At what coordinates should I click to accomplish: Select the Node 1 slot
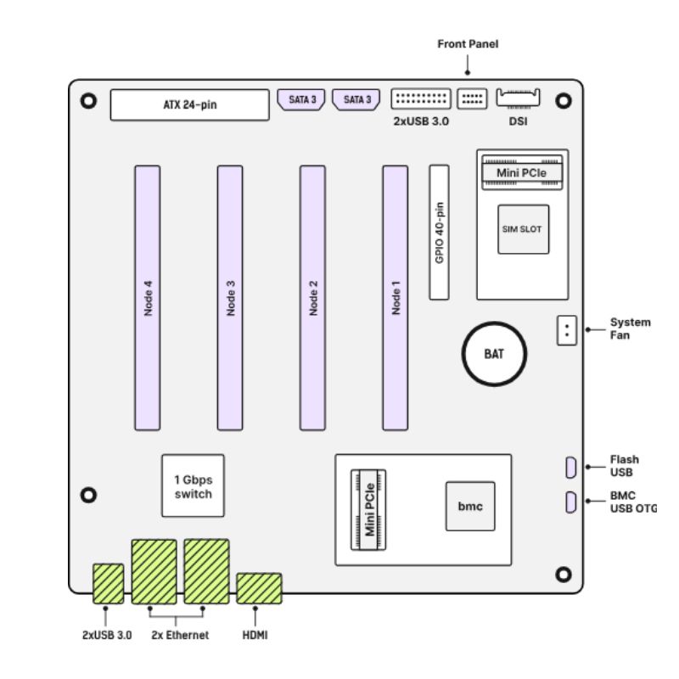[x=396, y=297]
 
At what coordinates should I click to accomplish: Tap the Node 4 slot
[x=147, y=297]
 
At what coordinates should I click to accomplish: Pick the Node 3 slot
[x=230, y=297]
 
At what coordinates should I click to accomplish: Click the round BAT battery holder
[x=494, y=354]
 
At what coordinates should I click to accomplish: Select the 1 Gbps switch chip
[x=194, y=485]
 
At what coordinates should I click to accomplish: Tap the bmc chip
[x=469, y=507]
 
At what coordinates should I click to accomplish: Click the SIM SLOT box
[x=522, y=229]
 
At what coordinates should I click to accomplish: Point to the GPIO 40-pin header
[x=438, y=232]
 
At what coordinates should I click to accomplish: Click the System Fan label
[x=630, y=328]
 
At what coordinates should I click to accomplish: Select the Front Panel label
[x=469, y=43]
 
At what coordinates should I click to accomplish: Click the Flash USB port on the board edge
[x=571, y=467]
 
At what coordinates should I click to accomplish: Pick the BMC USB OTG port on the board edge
[x=571, y=502]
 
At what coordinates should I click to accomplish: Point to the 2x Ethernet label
[x=178, y=635]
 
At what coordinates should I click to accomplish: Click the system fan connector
[x=566, y=330]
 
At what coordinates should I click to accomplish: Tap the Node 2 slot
[x=312, y=297]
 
